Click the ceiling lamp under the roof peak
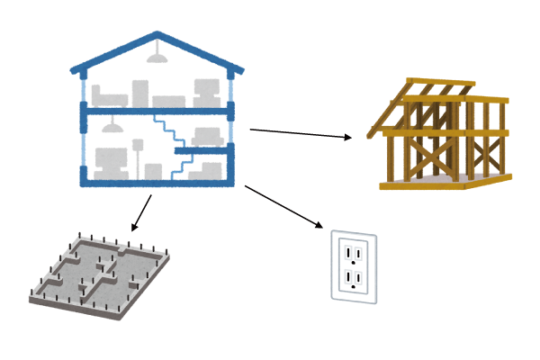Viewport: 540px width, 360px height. [x=158, y=58]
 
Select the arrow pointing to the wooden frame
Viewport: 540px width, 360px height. [x=301, y=134]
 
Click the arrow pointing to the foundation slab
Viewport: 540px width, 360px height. [x=139, y=214]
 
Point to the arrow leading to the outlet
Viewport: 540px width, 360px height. [x=283, y=206]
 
